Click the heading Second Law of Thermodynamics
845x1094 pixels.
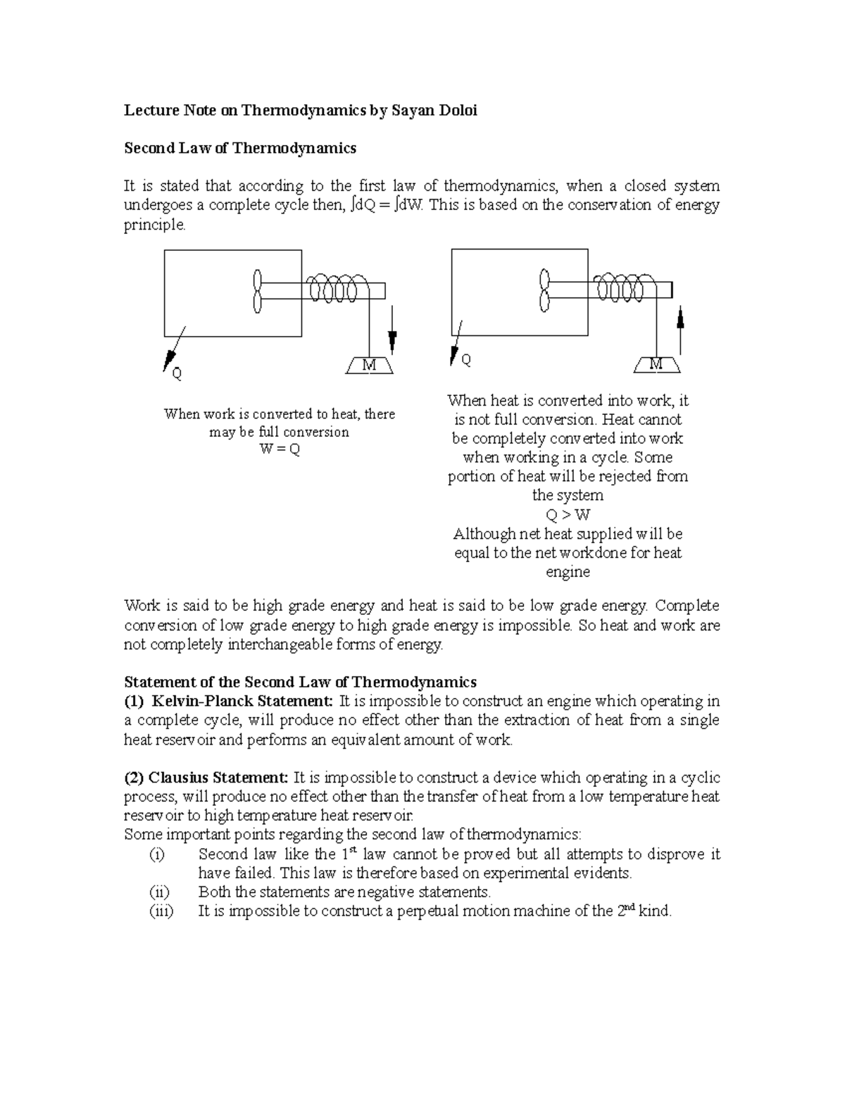tap(240, 148)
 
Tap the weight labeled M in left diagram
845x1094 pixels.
tap(370, 366)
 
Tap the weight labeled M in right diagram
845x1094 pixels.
tap(656, 364)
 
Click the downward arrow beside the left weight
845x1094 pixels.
tap(393, 331)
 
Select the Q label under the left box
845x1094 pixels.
tap(177, 374)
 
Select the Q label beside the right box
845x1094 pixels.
tap(466, 360)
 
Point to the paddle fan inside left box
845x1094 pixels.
tap(258, 290)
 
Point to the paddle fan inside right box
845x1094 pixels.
tap(544, 290)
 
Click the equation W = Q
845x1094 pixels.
tap(280, 449)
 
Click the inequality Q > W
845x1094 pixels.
tap(568, 514)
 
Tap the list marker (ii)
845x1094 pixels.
tap(160, 892)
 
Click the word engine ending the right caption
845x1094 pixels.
tap(568, 572)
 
